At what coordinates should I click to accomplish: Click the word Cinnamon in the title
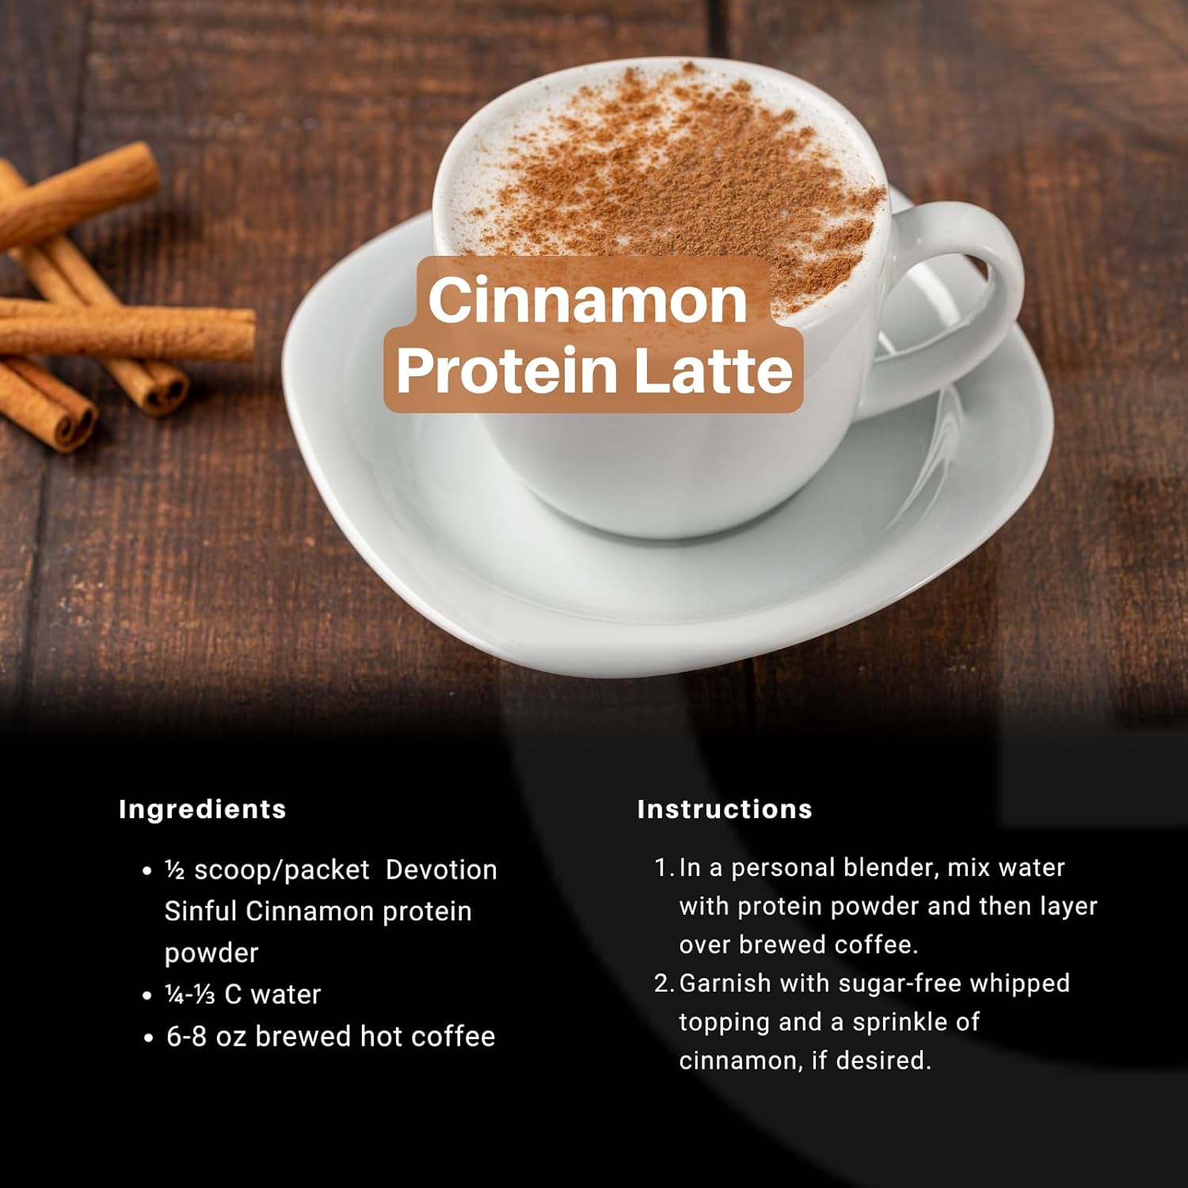pyautogui.click(x=588, y=300)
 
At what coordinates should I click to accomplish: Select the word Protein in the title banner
pyautogui.click(x=507, y=371)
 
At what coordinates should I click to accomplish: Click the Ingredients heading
pyautogui.click(x=202, y=809)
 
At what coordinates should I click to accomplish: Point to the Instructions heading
pyautogui.click(x=725, y=809)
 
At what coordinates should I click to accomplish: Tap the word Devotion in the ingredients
pyautogui.click(x=441, y=870)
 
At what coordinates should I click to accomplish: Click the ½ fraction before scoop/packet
pyautogui.click(x=174, y=870)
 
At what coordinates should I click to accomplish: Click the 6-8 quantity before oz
pyautogui.click(x=187, y=1036)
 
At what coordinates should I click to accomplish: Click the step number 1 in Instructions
pyautogui.click(x=663, y=868)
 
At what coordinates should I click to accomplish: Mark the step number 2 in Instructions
pyautogui.click(x=663, y=984)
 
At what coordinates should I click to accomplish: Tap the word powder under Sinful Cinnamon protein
pyautogui.click(x=211, y=953)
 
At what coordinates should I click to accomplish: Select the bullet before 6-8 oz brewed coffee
pyautogui.click(x=148, y=1038)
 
